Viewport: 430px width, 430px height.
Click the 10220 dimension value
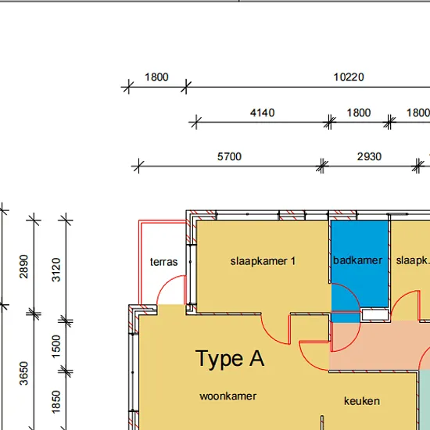click(x=349, y=77)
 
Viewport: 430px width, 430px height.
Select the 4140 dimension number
click(x=262, y=113)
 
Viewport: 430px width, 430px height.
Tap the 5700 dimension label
click(x=229, y=156)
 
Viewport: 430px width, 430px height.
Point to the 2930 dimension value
click(x=369, y=156)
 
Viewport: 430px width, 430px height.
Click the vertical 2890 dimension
click(x=24, y=267)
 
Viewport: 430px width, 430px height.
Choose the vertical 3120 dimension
click(x=56, y=270)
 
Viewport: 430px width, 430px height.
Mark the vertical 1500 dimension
click(x=56, y=346)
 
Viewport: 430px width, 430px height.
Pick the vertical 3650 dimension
click(x=24, y=373)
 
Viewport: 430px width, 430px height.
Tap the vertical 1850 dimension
click(x=56, y=402)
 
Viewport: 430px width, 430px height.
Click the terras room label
click(x=163, y=262)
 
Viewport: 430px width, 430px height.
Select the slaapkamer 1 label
click(x=263, y=261)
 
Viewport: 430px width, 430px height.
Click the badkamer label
click(x=357, y=260)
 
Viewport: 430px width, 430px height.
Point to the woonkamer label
click(x=228, y=396)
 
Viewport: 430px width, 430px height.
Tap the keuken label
click(x=362, y=401)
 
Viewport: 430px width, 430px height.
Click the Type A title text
click(x=230, y=358)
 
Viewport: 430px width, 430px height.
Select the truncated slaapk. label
click(x=413, y=260)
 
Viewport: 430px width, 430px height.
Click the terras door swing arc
click(x=163, y=283)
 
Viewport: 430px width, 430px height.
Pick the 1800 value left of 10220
click(x=156, y=77)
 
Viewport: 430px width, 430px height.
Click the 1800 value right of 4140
click(x=359, y=113)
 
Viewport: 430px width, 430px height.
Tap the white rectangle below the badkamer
click(x=374, y=315)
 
